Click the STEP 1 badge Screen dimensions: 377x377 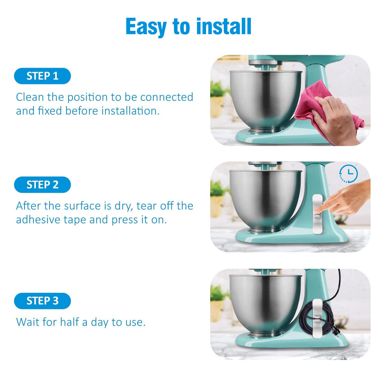pyautogui.click(x=42, y=76)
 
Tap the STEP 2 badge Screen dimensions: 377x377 pyautogui.click(x=42, y=185)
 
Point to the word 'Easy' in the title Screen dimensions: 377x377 pyautogui.click(x=146, y=27)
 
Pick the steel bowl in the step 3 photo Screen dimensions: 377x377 pyautogui.click(x=265, y=305)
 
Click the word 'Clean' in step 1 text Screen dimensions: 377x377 pyautogui.click(x=30, y=97)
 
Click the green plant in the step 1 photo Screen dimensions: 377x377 pyautogui.click(x=218, y=89)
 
